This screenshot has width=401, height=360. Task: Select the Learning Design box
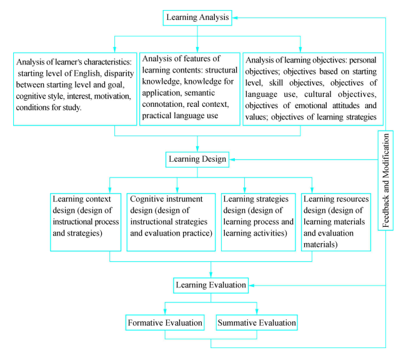click(x=197, y=159)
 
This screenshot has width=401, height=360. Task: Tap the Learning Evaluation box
click(x=211, y=285)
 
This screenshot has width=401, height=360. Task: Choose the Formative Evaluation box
click(x=166, y=323)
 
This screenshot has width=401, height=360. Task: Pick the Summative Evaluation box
click(x=257, y=323)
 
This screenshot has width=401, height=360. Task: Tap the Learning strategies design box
click(x=258, y=221)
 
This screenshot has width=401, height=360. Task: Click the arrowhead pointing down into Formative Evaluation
click(x=166, y=313)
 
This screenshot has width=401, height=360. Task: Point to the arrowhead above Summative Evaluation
click(x=257, y=313)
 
